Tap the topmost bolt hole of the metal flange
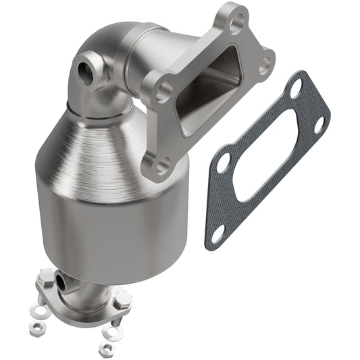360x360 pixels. click(235, 26)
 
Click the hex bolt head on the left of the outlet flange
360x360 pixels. click(45, 277)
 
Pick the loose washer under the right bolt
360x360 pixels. click(112, 332)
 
